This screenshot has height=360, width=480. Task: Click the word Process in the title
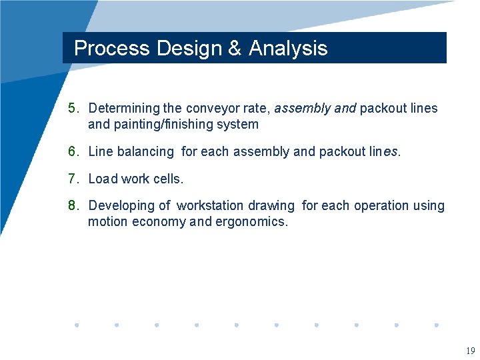pos(111,48)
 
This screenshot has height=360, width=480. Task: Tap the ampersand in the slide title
pos(235,48)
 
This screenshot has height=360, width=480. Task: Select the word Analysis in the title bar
pos(288,48)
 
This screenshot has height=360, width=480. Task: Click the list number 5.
pos(73,108)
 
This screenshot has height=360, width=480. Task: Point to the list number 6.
pos(73,151)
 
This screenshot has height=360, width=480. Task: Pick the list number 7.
pos(73,179)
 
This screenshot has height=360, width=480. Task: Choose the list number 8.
pos(73,205)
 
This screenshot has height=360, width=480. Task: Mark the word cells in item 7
pos(168,179)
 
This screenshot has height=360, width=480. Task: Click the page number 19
pos(470,351)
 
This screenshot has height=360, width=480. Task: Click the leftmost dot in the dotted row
pos(77,325)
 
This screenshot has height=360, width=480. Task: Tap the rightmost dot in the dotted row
pos(437,325)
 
